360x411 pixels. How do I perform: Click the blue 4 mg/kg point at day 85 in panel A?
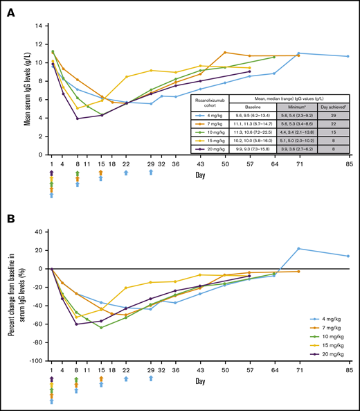tap(348, 56)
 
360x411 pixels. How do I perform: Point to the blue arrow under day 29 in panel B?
tap(152, 379)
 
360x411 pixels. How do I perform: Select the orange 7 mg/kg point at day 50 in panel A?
tap(224, 52)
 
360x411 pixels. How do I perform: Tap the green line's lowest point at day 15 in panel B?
tap(101, 327)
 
